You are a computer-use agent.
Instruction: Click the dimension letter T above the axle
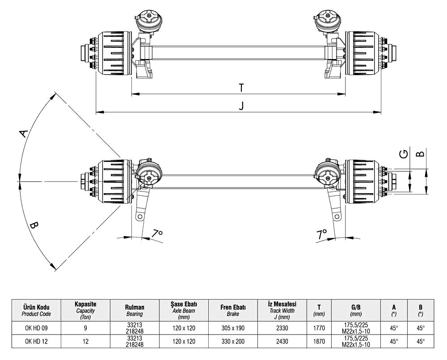pos(240,88)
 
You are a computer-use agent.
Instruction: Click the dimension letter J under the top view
pos(241,106)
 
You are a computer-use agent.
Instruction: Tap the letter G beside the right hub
pos(404,154)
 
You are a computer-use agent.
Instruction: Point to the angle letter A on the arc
pos(24,133)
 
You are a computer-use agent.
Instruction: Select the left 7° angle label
pos(157,233)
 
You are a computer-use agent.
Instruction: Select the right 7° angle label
pos(322,233)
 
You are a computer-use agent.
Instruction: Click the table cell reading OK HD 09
pos(37,328)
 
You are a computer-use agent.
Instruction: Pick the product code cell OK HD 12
pos(37,342)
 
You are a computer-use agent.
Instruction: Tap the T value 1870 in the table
pos(319,342)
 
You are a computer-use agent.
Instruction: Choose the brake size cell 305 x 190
pos(232,328)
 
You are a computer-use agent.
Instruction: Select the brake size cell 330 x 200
pos(232,342)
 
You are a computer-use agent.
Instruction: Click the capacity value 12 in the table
pos(86,342)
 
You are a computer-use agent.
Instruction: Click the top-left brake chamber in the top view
pos(148,21)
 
